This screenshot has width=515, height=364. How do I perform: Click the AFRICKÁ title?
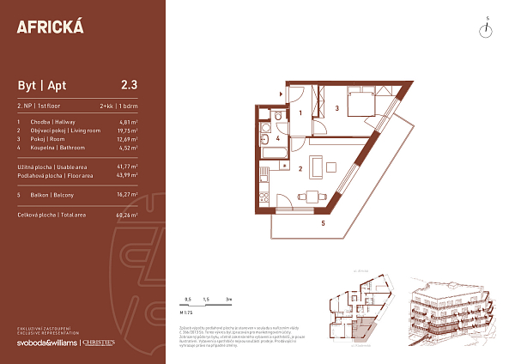(x=50, y=26)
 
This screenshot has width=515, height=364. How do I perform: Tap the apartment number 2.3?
(x=130, y=84)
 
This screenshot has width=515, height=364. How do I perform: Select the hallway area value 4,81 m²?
(x=130, y=122)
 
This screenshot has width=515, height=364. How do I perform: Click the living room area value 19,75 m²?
(x=128, y=130)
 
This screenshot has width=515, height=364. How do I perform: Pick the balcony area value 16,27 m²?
(x=128, y=194)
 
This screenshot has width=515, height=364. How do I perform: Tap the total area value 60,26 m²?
(x=128, y=215)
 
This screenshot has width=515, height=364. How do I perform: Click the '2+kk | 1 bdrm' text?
(x=119, y=106)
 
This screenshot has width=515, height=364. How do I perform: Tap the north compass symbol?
(x=486, y=29)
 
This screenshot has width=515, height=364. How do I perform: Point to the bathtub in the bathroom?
(x=276, y=154)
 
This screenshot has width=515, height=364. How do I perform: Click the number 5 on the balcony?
(x=323, y=223)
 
